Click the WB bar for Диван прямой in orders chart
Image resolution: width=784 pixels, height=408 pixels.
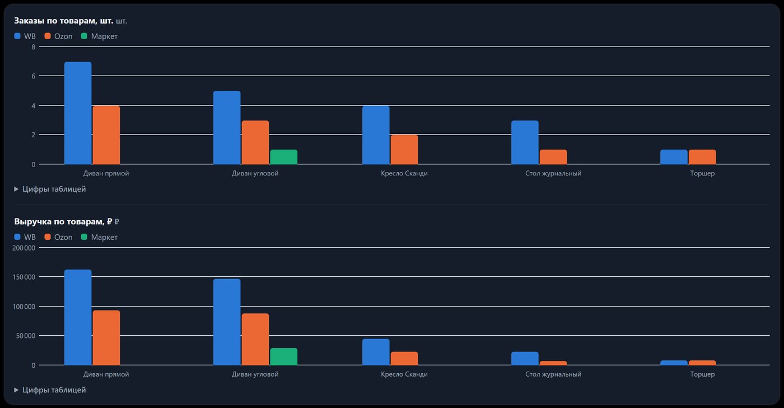click(x=78, y=113)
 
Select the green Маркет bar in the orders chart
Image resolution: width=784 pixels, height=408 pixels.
click(x=283, y=157)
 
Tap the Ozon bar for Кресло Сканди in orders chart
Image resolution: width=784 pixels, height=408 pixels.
click(x=404, y=150)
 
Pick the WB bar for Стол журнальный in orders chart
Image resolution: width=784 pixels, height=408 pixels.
click(x=525, y=142)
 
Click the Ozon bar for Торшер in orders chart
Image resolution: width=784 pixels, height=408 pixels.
click(x=702, y=157)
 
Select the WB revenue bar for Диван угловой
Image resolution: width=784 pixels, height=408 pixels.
click(x=227, y=322)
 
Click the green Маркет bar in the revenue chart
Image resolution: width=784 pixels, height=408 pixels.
click(x=283, y=357)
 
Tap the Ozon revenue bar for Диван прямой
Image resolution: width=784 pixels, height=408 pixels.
click(x=106, y=338)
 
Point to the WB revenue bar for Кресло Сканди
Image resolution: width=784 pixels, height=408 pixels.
click(x=376, y=352)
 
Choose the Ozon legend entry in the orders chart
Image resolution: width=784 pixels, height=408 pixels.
click(x=58, y=36)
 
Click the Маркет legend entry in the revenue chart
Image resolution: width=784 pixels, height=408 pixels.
click(x=100, y=237)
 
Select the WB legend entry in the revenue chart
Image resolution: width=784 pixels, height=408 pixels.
click(x=25, y=237)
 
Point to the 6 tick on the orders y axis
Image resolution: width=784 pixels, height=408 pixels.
click(x=34, y=76)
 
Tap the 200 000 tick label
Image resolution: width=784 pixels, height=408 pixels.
click(x=24, y=248)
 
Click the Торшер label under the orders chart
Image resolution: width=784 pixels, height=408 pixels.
click(x=702, y=173)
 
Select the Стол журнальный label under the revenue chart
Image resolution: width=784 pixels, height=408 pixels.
click(x=553, y=374)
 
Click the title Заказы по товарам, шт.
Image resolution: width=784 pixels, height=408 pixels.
click(x=64, y=21)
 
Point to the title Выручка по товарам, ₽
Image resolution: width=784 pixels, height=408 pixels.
click(x=63, y=221)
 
